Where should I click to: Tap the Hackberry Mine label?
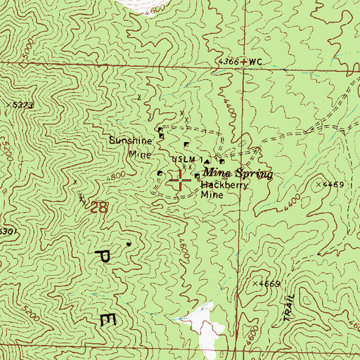[217, 191]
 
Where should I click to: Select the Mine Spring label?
[237, 172]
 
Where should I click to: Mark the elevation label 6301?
[7, 231]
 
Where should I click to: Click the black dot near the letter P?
[129, 244]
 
